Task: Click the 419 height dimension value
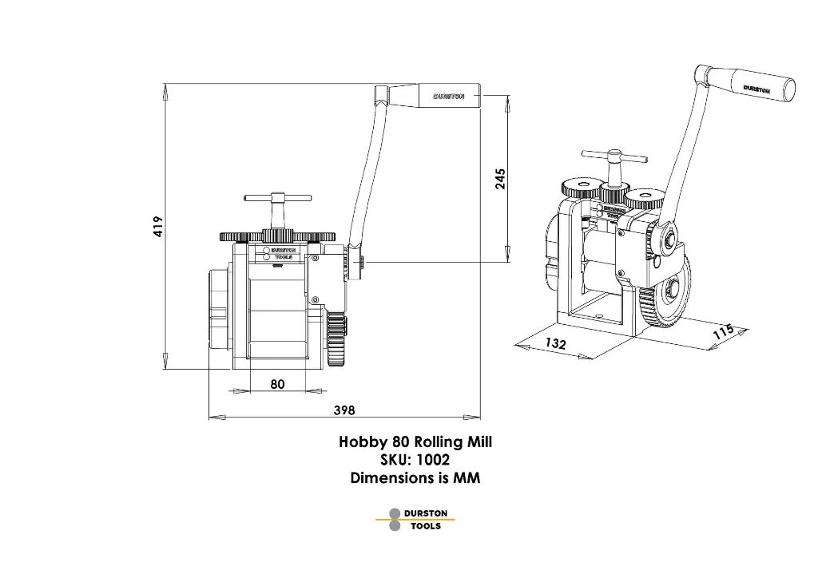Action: coord(158,226)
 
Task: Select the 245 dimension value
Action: coord(500,178)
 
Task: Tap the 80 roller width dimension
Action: coord(277,384)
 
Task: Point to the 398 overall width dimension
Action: coord(344,410)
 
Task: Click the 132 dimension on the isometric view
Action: coord(555,344)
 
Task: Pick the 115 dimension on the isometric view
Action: coord(723,331)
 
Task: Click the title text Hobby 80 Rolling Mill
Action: coord(415,442)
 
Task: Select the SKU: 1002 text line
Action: coord(415,461)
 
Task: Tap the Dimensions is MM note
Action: coord(415,478)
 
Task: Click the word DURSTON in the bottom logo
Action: coord(426,513)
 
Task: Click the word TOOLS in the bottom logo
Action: coord(426,526)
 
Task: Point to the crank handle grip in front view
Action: coord(449,96)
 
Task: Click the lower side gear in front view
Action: coord(338,339)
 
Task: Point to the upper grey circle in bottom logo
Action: coord(395,513)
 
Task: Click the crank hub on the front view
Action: coord(354,262)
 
